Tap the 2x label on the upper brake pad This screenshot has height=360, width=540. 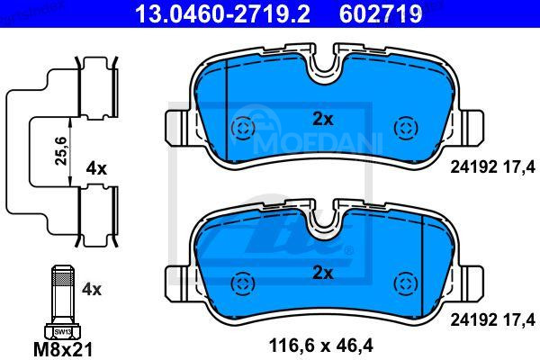pos(322,118)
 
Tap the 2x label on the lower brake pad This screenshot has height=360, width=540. pos(322,272)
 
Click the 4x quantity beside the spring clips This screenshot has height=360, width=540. pos(96,167)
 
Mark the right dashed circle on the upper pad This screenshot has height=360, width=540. pos(404,128)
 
